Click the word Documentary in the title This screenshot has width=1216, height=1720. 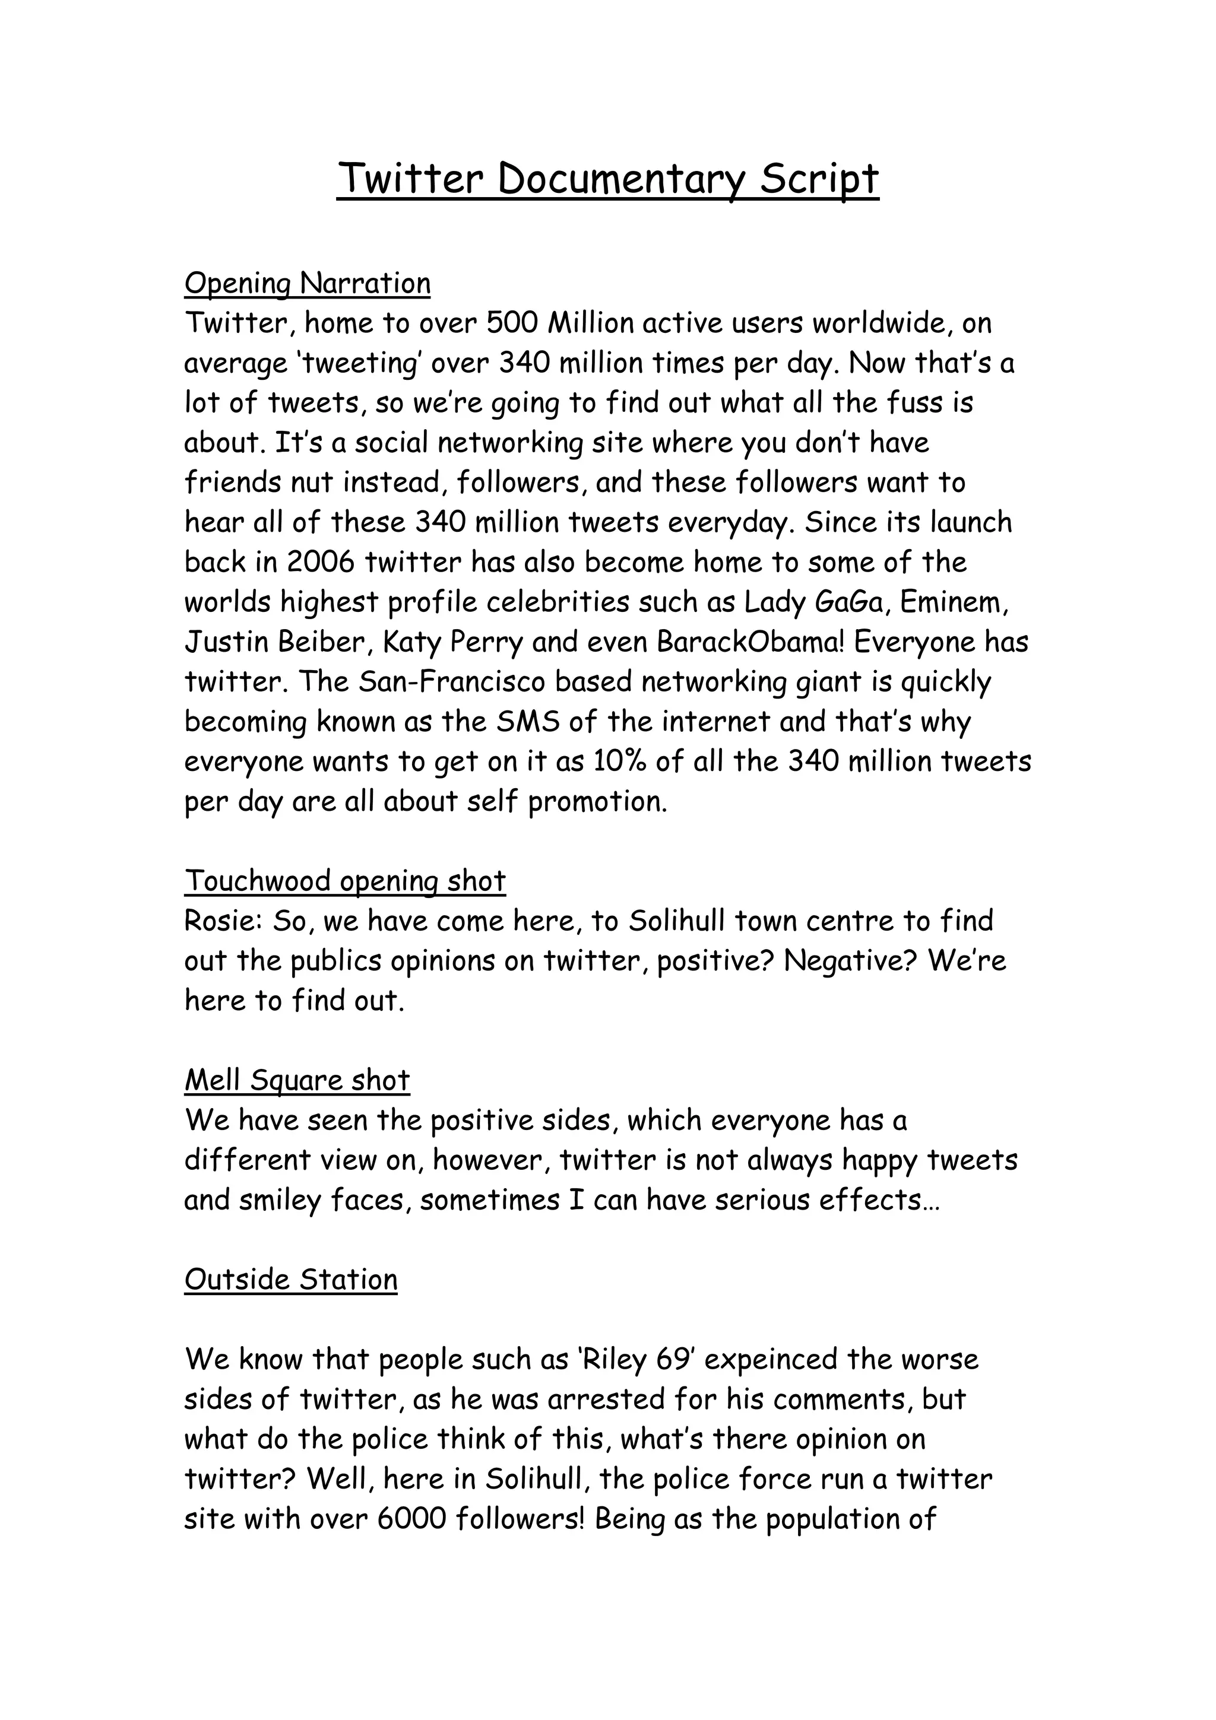pos(621,179)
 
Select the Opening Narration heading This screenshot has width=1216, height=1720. pos(307,283)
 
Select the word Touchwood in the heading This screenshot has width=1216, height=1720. pos(258,881)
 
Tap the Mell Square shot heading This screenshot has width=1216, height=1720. pos(297,1080)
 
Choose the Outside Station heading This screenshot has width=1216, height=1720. pos(291,1280)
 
